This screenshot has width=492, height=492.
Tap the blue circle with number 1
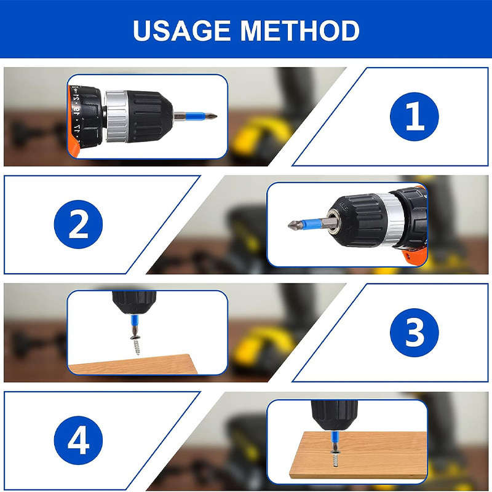click(415, 117)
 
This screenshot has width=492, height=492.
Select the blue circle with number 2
click(78, 224)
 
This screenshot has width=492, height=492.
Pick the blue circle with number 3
click(415, 333)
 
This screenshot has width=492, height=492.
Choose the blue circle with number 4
click(78, 440)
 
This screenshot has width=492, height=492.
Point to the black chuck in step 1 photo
click(150, 116)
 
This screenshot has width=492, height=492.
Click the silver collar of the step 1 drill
click(115, 116)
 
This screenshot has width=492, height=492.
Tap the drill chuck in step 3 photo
click(133, 301)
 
